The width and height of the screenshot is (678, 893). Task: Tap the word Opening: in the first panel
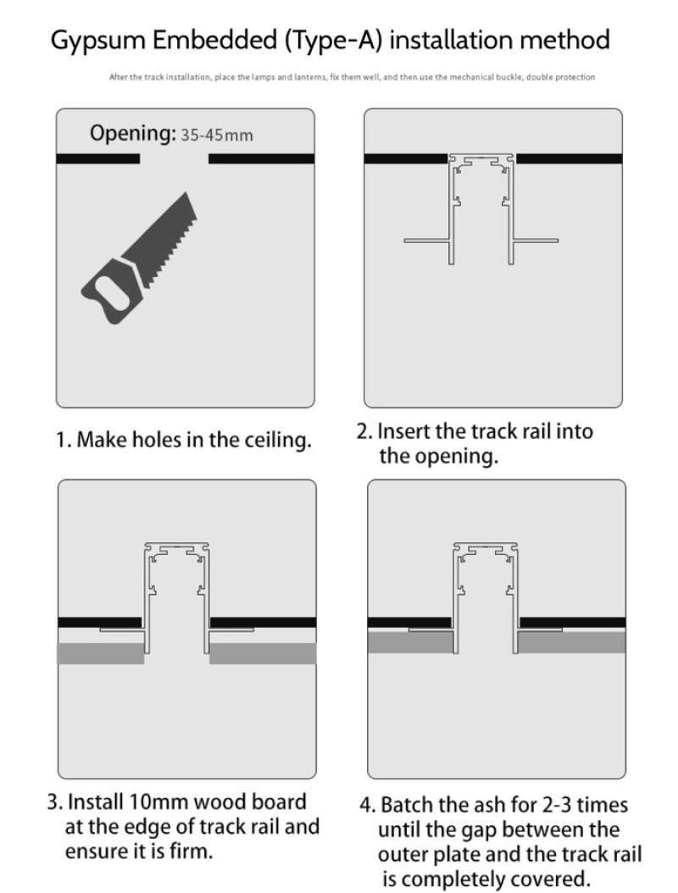[132, 133]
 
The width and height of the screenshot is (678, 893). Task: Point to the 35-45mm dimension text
[217, 135]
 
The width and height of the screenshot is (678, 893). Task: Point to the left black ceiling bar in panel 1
[97, 158]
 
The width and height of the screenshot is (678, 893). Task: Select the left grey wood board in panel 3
[100, 653]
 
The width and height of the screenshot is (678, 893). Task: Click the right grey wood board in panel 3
[263, 653]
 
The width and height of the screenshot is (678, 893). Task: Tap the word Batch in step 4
[405, 805]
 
